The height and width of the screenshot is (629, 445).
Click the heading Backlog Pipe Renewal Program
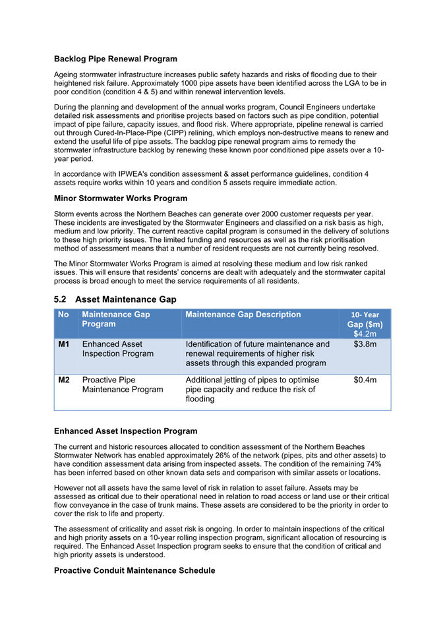[115, 59]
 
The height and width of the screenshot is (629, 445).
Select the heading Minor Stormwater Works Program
[121, 198]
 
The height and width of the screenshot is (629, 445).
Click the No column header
[63, 314]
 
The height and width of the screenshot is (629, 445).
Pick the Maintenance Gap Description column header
[243, 314]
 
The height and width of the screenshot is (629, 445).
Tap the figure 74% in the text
[378, 464]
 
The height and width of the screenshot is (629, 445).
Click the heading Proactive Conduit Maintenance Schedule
[134, 570]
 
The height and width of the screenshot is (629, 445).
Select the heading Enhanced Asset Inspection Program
[125, 431]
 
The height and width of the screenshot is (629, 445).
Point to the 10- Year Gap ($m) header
[365, 320]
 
